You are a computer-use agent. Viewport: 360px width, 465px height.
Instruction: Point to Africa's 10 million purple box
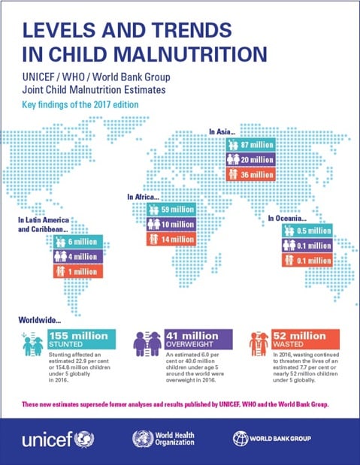pyautogui.click(x=172, y=225)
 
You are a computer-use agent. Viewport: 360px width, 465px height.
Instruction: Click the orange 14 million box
pyautogui.click(x=172, y=239)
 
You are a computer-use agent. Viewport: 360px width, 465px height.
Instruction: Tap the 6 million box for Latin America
pyautogui.click(x=79, y=243)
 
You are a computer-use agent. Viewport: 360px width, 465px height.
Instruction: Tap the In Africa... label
pyautogui.click(x=146, y=197)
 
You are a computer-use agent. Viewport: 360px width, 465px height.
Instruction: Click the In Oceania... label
pyautogui.click(x=289, y=218)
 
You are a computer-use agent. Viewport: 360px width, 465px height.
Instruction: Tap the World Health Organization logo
pyautogui.click(x=162, y=439)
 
